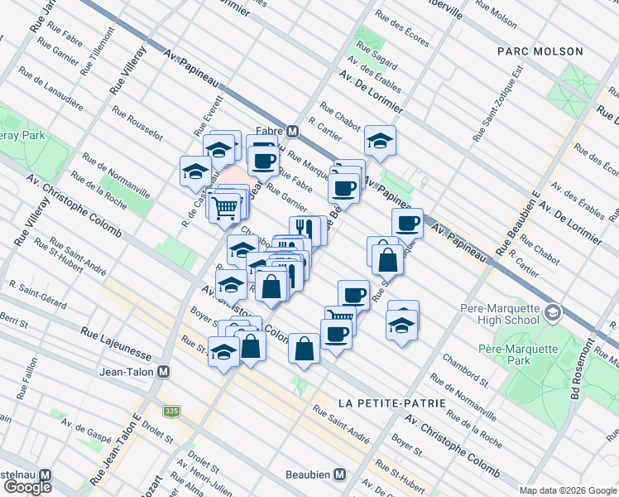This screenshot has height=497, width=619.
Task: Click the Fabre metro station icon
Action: click(x=292, y=132)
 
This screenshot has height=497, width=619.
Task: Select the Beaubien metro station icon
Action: click(x=339, y=475)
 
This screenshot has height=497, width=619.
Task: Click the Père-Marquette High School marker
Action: click(x=553, y=315)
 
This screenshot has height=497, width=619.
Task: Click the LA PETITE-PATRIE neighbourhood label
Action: click(x=392, y=403)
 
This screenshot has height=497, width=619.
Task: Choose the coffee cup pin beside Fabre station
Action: click(x=264, y=159)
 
